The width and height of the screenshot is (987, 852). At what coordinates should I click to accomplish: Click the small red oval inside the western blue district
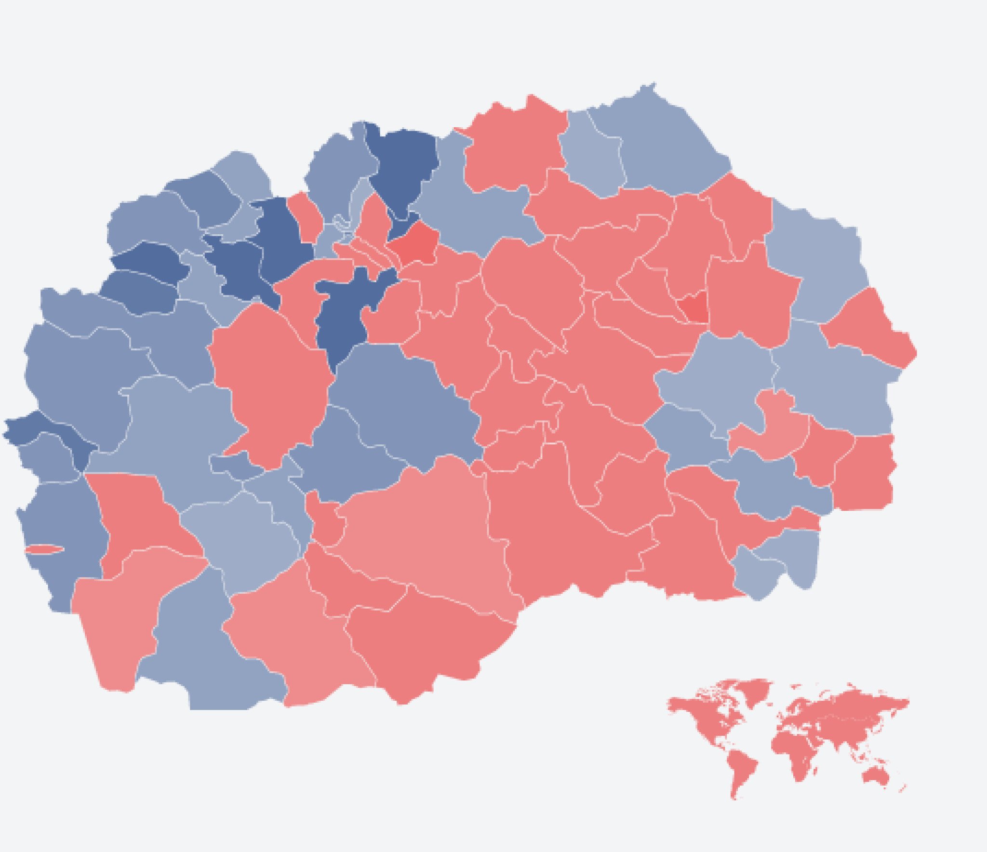pos(44,549)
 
